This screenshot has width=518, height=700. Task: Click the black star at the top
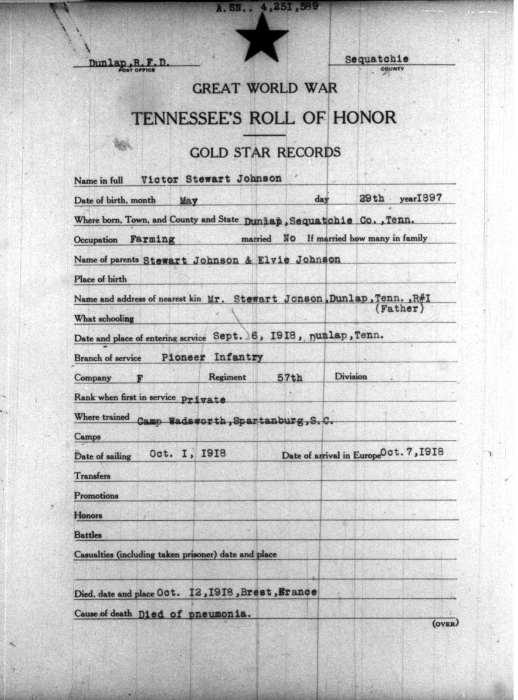coord(262,39)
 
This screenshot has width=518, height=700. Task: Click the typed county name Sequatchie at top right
coord(376,59)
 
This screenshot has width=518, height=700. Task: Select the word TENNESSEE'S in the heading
coord(187,118)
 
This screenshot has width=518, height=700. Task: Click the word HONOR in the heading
coord(365,118)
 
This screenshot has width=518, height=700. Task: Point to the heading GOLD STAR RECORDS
coord(265,152)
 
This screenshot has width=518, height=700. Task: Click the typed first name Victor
coord(159,179)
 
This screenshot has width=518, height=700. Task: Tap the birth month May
coord(189,200)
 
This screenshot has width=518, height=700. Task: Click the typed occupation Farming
coord(152,239)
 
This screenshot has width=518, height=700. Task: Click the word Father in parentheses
coord(399,309)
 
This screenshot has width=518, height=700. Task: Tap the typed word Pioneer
coord(183,357)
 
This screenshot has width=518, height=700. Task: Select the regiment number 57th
coord(290,378)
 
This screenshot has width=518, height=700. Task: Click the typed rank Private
coord(203,400)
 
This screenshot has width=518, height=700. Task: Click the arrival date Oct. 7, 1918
coord(412,452)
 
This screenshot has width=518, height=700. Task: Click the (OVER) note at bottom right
coord(445,623)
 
